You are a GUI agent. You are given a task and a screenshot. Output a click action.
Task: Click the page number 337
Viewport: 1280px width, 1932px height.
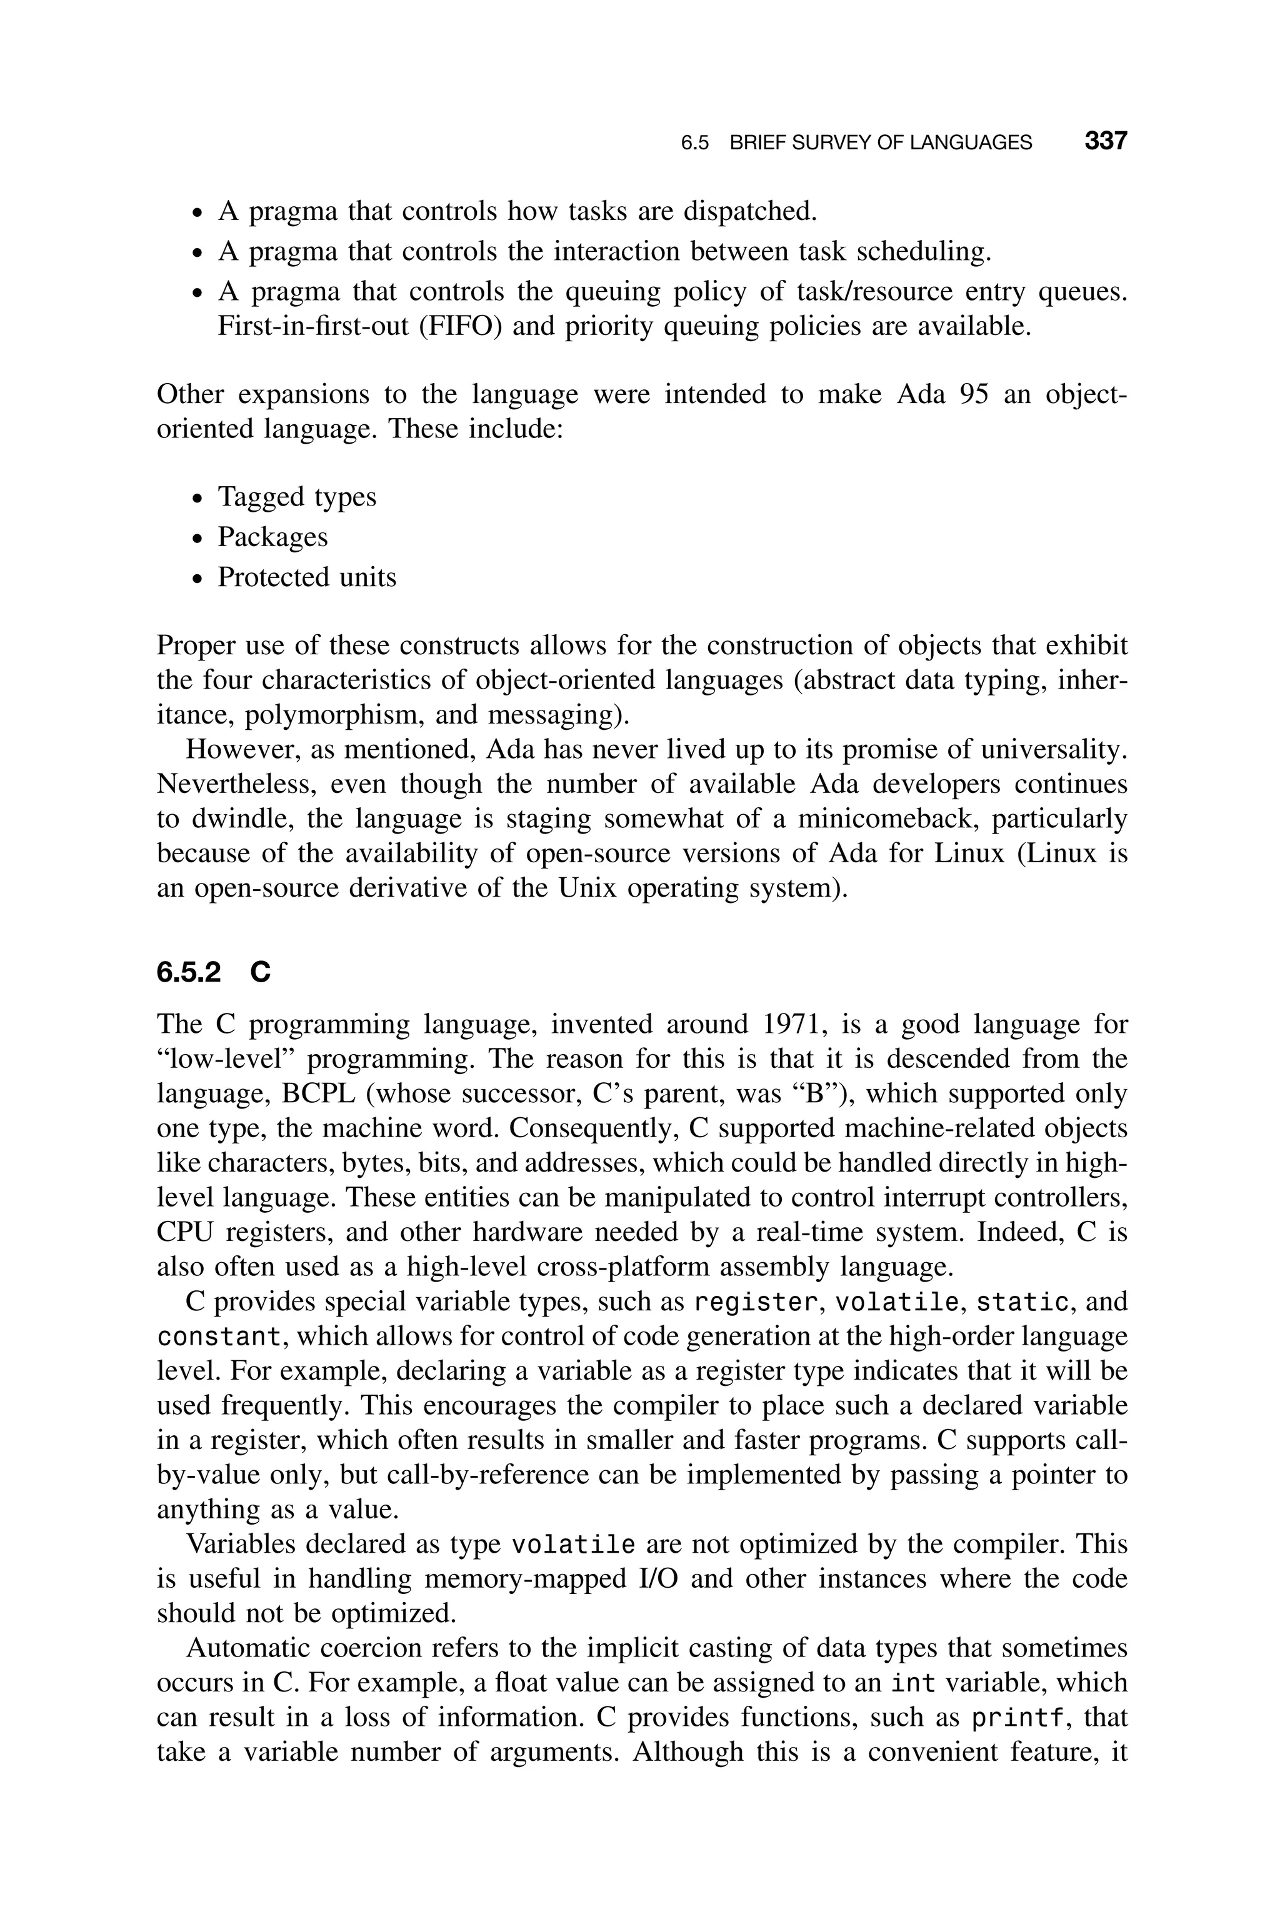point(1105,141)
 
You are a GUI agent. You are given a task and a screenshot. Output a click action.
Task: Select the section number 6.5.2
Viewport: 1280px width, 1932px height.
point(189,972)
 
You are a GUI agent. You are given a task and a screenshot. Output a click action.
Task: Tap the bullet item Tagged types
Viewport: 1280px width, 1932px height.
point(296,497)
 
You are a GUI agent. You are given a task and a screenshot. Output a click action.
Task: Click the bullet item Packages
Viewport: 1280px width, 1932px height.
point(272,537)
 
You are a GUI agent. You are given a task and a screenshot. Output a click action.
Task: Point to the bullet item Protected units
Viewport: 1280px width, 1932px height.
point(306,577)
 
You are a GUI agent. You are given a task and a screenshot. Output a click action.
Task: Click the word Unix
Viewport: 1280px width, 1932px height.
point(590,888)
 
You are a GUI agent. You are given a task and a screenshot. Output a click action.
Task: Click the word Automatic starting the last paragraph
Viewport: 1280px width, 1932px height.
point(246,1648)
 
